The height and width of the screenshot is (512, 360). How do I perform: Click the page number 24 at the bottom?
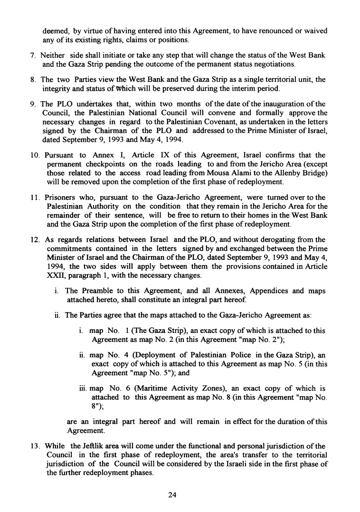pyautogui.click(x=172, y=495)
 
